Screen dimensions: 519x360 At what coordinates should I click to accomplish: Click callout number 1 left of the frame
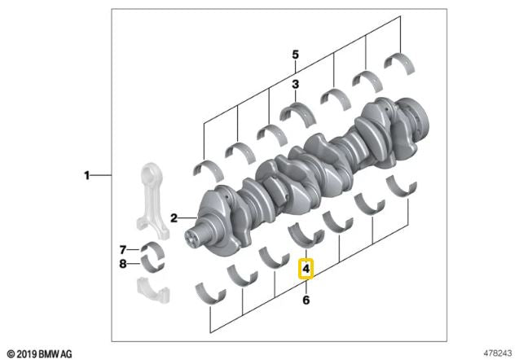point(86,175)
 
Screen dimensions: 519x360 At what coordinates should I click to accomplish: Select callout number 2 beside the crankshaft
point(174,218)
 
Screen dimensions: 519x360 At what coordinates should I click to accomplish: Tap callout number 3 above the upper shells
point(295,85)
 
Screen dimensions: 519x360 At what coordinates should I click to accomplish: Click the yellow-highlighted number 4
point(306,268)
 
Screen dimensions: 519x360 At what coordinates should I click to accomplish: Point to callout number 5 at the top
point(295,55)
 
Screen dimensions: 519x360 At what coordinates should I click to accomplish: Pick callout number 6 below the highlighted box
point(306,300)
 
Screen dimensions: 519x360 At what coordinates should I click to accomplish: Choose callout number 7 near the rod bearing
point(123,249)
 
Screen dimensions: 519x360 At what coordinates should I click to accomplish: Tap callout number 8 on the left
point(123,264)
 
